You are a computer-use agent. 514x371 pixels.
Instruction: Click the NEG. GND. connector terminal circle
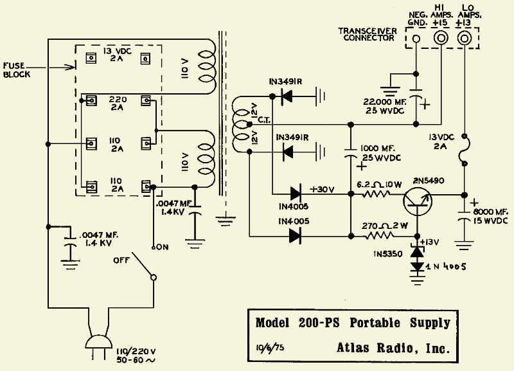click(x=416, y=40)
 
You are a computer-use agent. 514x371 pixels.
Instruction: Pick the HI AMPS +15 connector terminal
click(x=441, y=40)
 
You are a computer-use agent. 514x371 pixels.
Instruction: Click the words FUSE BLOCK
click(x=18, y=69)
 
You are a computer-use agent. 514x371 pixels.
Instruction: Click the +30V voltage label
click(x=322, y=190)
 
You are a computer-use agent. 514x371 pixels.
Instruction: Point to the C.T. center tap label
click(x=265, y=118)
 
